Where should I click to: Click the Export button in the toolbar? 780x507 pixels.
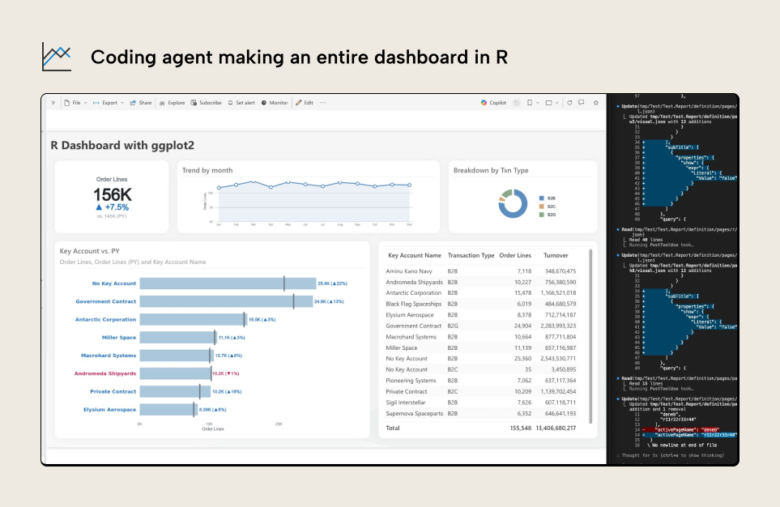pyautogui.click(x=109, y=103)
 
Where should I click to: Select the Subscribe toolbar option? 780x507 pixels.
pyautogui.click(x=207, y=103)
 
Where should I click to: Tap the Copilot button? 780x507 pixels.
pyautogui.click(x=494, y=103)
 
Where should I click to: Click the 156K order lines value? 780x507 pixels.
pyautogui.click(x=112, y=195)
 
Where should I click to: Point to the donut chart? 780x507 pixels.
pyautogui.click(x=512, y=202)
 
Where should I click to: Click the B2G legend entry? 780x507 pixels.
pyautogui.click(x=551, y=215)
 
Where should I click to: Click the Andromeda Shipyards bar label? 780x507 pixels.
pyautogui.click(x=105, y=373)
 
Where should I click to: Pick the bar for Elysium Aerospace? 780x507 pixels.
pyautogui.click(x=169, y=410)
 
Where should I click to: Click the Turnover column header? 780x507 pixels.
pyautogui.click(x=556, y=255)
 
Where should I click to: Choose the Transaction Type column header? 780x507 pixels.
pyautogui.click(x=471, y=255)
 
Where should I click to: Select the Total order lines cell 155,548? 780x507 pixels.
pyautogui.click(x=515, y=428)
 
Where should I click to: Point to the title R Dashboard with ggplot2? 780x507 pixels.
pyautogui.click(x=122, y=146)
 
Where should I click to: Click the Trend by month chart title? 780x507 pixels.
pyautogui.click(x=207, y=170)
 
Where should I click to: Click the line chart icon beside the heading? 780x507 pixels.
pyautogui.click(x=57, y=57)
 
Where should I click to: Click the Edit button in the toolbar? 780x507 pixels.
pyautogui.click(x=305, y=103)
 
